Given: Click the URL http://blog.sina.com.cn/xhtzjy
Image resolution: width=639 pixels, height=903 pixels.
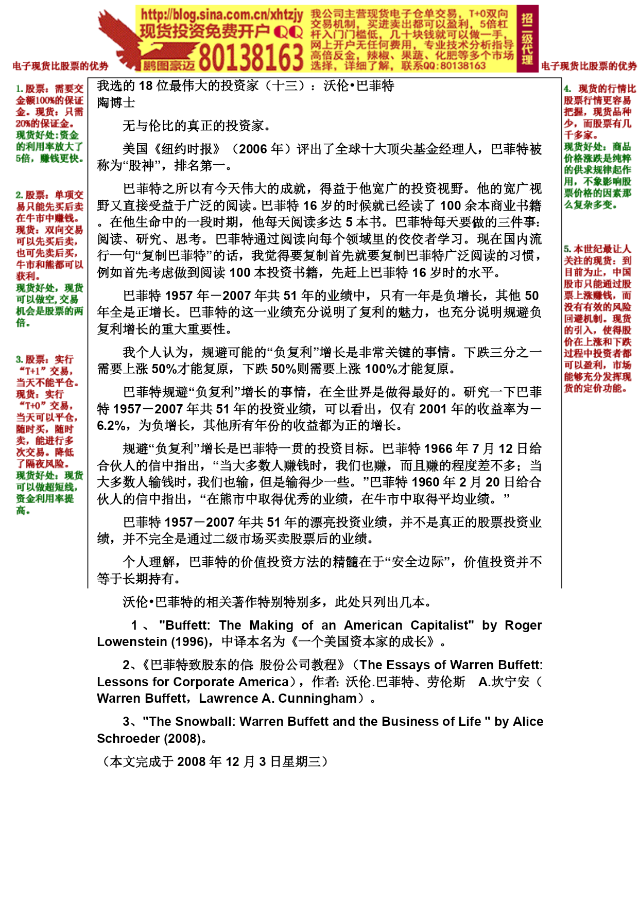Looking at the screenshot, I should (221, 14).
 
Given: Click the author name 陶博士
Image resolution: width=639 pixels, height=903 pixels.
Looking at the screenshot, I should (116, 102).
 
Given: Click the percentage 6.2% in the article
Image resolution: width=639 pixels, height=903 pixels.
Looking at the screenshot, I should (111, 426).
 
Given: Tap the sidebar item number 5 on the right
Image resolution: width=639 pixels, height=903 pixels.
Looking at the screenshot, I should (567, 249).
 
